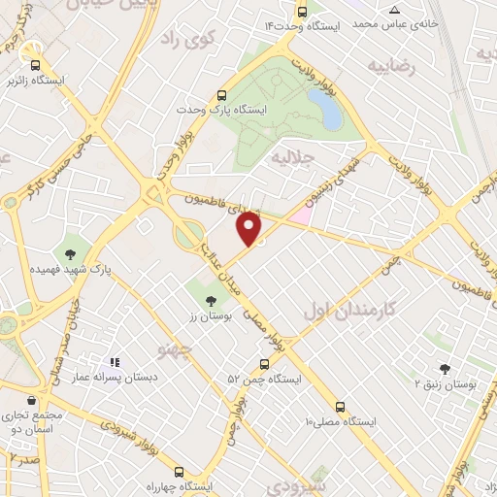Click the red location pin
(250, 229)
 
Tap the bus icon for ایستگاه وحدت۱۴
(303, 13)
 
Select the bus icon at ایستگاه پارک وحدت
(222, 95)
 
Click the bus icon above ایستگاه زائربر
(35, 54)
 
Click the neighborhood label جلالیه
(292, 155)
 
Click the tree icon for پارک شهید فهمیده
(71, 254)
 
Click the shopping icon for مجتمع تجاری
(33, 400)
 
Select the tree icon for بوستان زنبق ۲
(445, 369)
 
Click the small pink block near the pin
(300, 214)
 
